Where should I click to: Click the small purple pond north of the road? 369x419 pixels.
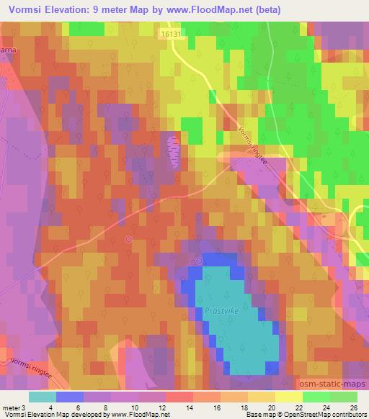point(173,150)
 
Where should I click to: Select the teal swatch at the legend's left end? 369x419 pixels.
point(42,397)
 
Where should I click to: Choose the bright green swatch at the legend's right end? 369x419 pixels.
point(343,397)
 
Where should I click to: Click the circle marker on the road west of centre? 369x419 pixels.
point(128,239)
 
